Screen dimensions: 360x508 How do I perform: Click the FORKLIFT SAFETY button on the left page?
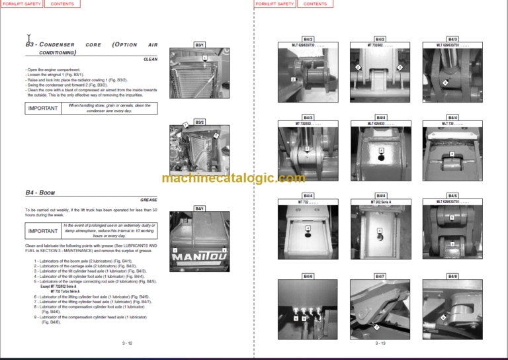pos(22,4)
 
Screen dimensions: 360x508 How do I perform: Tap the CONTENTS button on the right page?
pos(62,4)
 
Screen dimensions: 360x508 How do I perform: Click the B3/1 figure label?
pos(199,44)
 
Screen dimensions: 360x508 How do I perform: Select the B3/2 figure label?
pos(199,122)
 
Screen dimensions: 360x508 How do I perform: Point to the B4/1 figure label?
pos(199,208)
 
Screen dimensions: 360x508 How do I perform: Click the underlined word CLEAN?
pos(150,59)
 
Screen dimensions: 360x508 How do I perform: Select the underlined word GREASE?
pos(148,199)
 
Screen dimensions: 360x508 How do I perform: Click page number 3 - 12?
pos(127,343)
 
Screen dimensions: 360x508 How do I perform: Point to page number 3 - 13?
pos(380,343)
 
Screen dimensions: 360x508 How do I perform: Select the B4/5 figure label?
pos(452,196)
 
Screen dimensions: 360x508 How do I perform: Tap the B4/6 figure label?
pos(308,275)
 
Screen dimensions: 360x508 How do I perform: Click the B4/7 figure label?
pos(380,275)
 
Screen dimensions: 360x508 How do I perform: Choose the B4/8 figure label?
pos(452,275)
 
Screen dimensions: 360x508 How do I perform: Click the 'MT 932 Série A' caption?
pos(380,202)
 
